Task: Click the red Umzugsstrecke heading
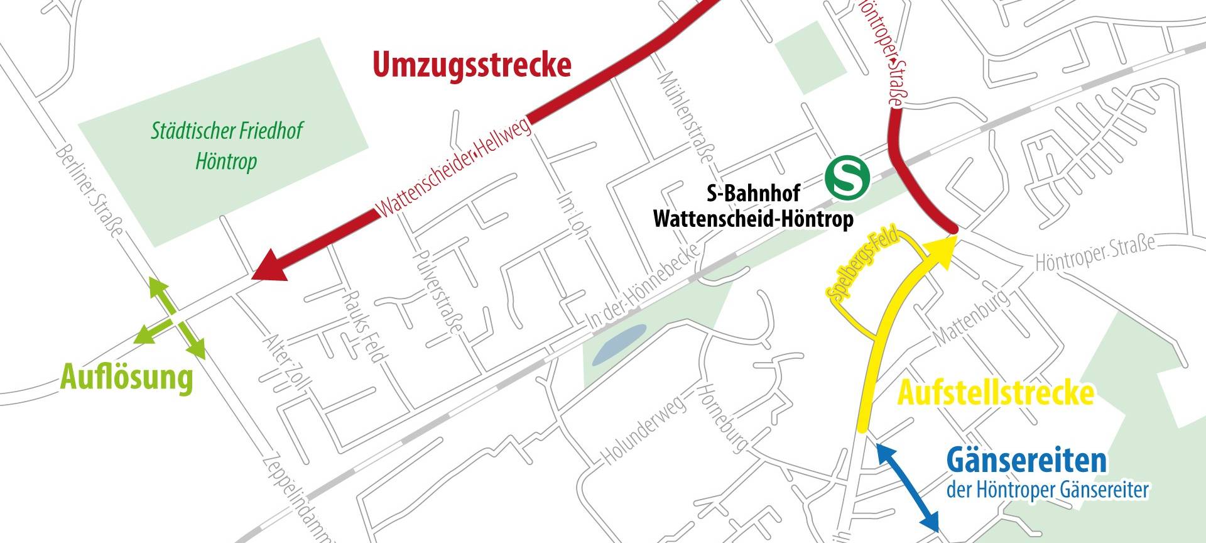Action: click(472, 65)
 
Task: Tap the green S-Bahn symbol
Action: click(847, 178)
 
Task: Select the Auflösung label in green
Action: click(126, 379)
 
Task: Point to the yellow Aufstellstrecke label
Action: click(996, 393)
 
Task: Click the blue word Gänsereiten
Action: click(1026, 462)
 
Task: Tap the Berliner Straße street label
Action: click(89, 192)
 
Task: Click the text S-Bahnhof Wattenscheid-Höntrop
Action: click(753, 208)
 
